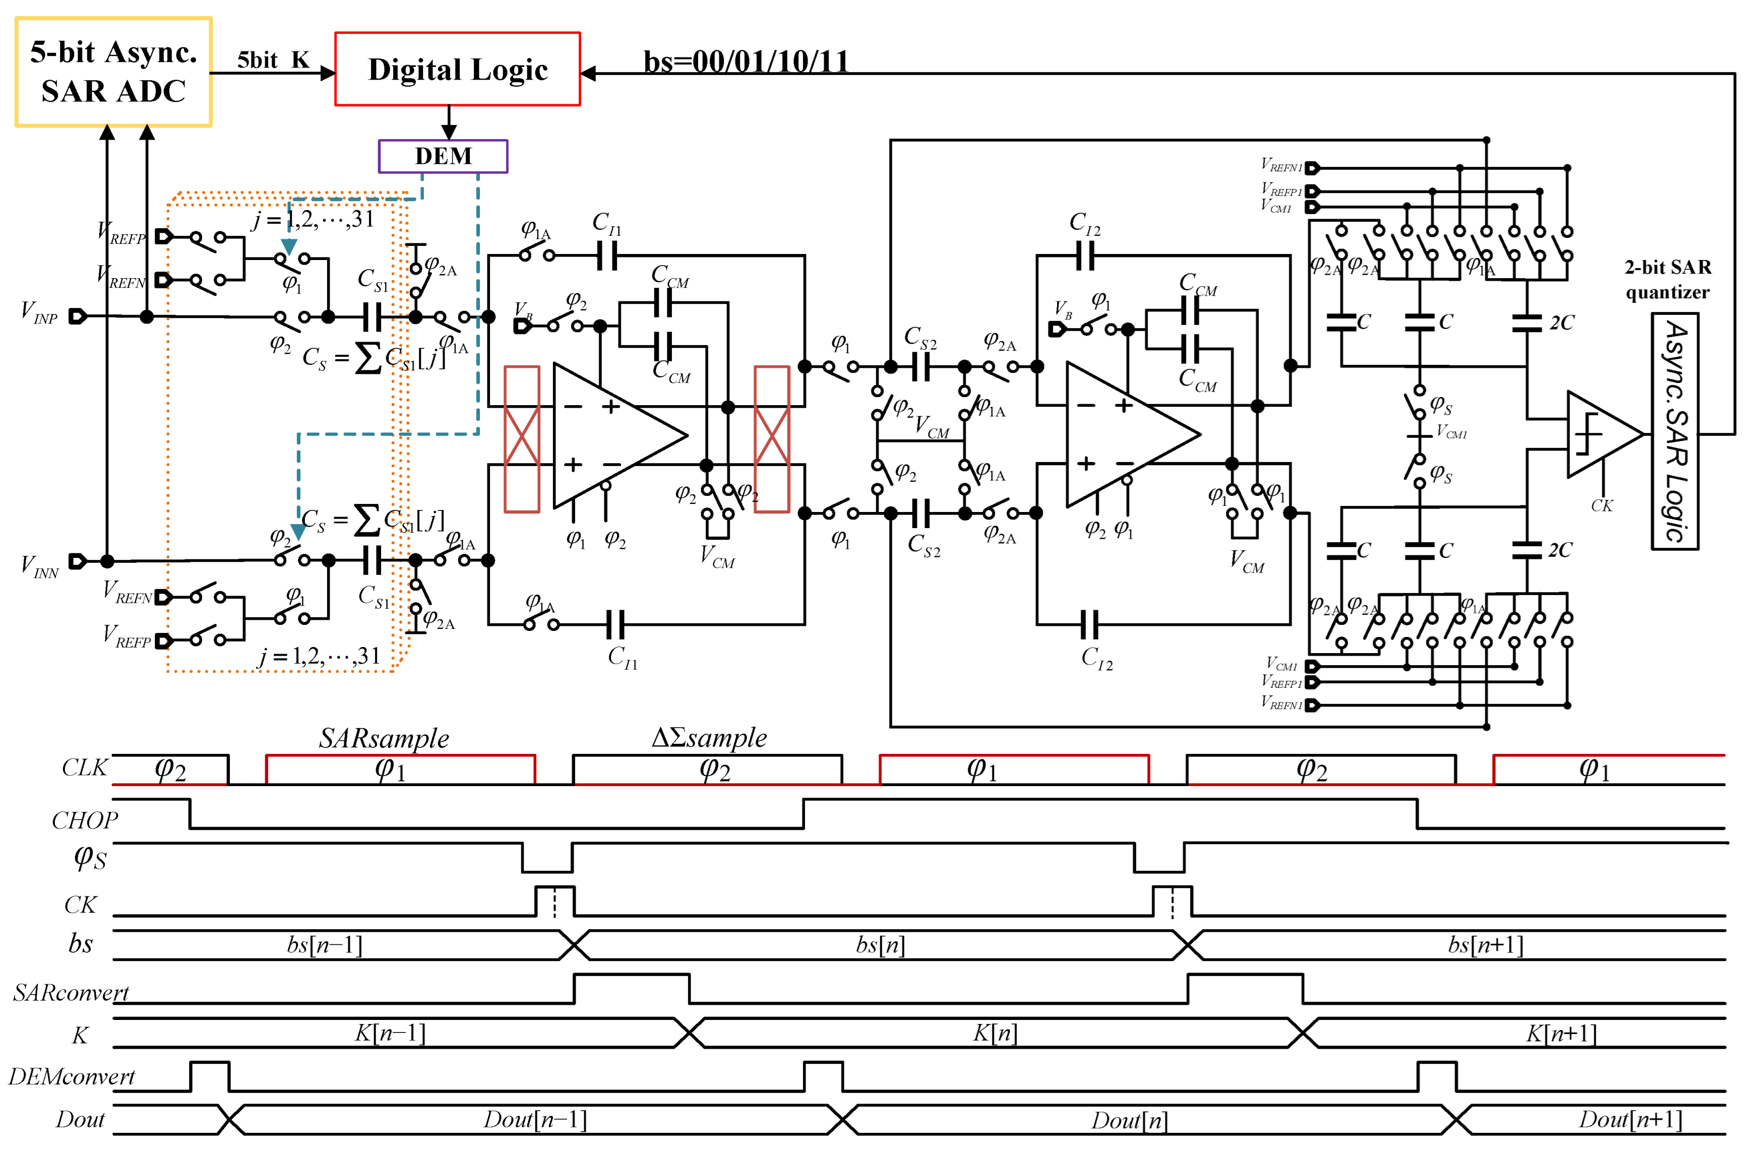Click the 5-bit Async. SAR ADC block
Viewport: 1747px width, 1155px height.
113,72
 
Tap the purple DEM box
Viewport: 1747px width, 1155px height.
443,156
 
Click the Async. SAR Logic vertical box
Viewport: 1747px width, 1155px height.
1674,432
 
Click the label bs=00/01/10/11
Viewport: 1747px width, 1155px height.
745,61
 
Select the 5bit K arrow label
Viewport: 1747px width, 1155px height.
273,59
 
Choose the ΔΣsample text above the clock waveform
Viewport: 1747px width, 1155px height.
709,737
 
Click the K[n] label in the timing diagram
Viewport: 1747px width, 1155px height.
994,1033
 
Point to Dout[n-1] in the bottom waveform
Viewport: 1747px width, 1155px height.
535,1120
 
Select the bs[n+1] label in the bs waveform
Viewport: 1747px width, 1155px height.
1485,944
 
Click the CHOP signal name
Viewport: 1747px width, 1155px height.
85,820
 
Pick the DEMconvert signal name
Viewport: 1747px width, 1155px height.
72,1076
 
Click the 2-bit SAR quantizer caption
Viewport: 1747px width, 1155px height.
1667,279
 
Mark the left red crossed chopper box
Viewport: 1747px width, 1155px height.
522,439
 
